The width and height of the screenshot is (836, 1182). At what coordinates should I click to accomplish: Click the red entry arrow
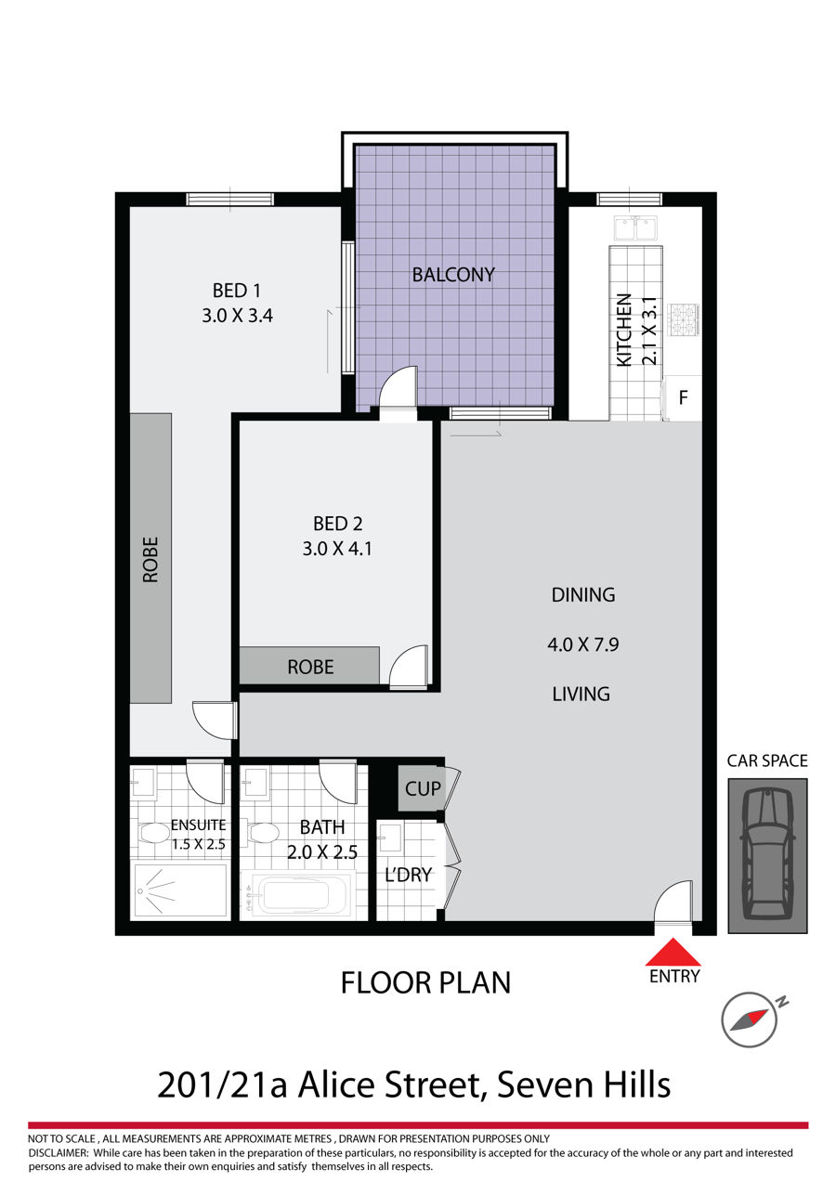coord(673,952)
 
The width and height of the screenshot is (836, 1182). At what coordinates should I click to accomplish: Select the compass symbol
coord(750,1020)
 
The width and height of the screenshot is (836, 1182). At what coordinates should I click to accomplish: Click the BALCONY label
coord(453,275)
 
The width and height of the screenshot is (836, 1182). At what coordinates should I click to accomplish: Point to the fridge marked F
coord(683,397)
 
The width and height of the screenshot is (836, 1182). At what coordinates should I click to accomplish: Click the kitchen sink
coord(635,228)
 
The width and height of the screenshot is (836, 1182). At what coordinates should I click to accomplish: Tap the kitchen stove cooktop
coord(684,319)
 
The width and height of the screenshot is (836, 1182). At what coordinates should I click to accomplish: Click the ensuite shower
coord(180,890)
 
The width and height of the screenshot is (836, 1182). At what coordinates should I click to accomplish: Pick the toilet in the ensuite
coord(154,834)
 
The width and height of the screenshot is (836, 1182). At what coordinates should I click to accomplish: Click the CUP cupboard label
coord(423,789)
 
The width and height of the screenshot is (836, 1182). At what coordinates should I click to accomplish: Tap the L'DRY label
coord(409,875)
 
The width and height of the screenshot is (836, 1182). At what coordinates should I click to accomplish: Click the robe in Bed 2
coord(310,666)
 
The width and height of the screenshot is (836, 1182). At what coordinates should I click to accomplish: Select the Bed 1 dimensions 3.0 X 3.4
coord(238,316)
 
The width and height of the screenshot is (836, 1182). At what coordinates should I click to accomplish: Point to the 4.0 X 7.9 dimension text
coord(583,644)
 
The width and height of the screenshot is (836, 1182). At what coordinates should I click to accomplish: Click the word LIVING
coord(581,694)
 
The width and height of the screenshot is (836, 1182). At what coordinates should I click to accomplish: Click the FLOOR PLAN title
coord(426,983)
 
